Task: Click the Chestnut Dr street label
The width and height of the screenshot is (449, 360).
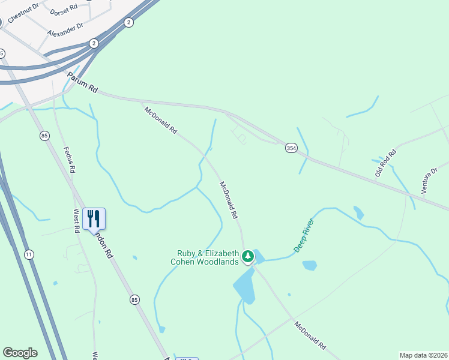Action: [x=23, y=13]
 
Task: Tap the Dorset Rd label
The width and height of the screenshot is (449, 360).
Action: [x=64, y=10]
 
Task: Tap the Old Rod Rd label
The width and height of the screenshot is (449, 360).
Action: [x=387, y=162]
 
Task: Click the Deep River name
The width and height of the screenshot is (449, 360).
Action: [x=304, y=235]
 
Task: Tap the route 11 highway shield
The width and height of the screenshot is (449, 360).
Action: [x=28, y=254]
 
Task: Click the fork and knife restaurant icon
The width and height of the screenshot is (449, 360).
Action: [x=93, y=218]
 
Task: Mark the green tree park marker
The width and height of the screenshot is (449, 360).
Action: [x=248, y=257]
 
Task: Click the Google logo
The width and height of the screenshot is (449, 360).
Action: [x=20, y=353]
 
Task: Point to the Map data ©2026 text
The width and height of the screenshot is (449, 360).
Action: [x=423, y=355]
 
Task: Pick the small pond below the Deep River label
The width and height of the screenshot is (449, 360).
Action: [x=310, y=265]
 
